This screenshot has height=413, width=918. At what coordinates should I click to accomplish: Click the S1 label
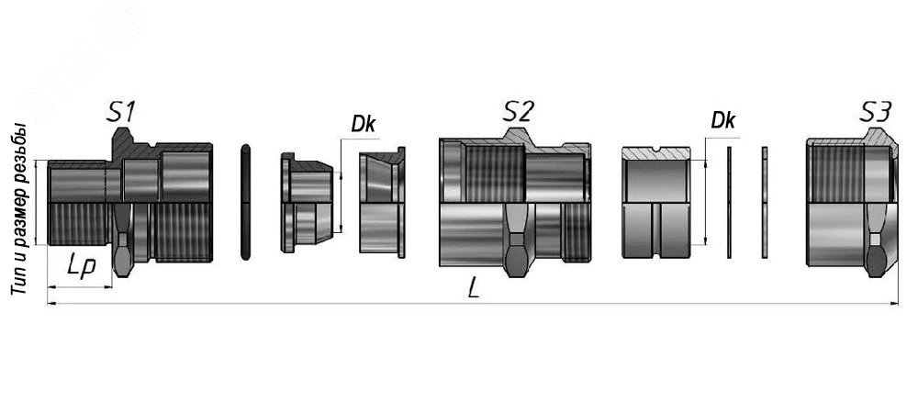click(x=120, y=112)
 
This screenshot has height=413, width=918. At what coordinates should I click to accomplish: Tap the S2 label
click(x=518, y=112)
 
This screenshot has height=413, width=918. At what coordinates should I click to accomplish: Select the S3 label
click(x=875, y=112)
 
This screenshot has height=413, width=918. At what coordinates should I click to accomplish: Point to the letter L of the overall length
click(x=475, y=289)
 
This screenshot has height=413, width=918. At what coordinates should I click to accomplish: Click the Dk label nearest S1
click(x=363, y=123)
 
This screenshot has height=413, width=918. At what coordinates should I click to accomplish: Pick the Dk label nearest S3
click(x=722, y=120)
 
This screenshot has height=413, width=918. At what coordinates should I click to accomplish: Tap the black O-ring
click(x=245, y=202)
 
